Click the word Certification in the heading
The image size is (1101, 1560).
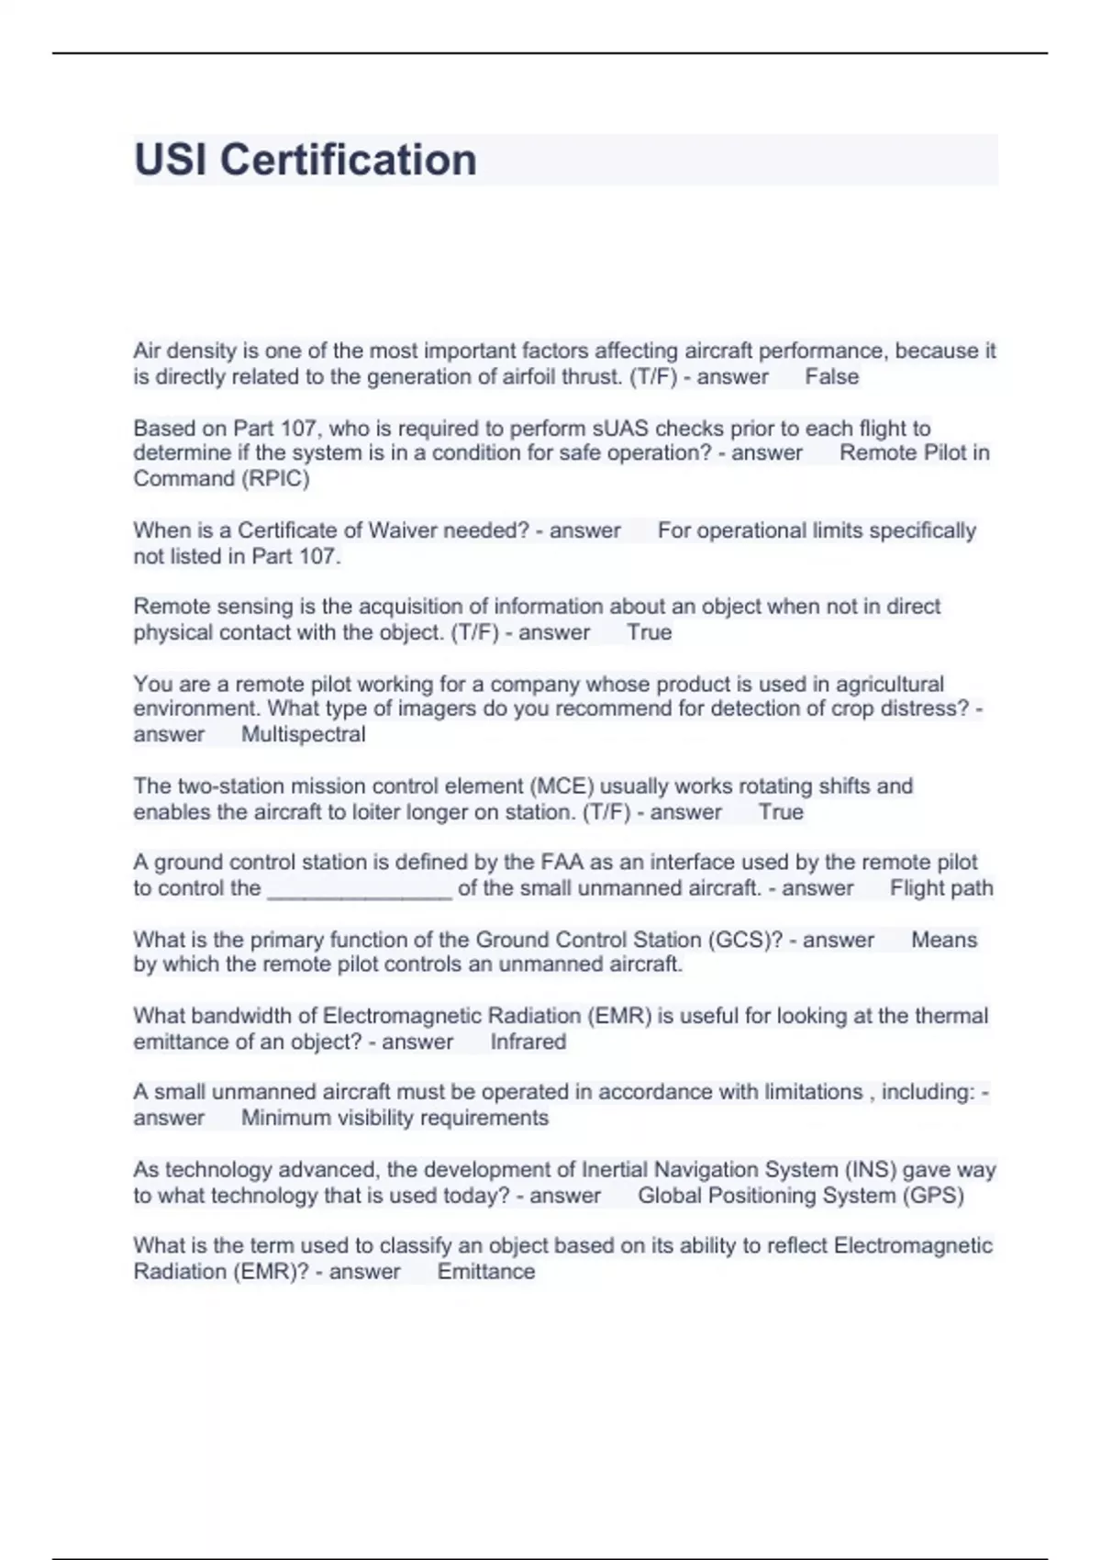pos(348,161)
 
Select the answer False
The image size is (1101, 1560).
pos(831,377)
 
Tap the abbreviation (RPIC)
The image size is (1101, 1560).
pos(274,479)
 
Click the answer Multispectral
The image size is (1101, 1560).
pos(303,735)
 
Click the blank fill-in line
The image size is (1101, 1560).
pos(359,890)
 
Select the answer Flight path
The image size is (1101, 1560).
pos(940,888)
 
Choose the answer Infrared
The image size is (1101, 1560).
pos(528,1042)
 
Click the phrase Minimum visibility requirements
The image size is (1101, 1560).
pos(395,1119)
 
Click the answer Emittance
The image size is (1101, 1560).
pos(485,1272)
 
